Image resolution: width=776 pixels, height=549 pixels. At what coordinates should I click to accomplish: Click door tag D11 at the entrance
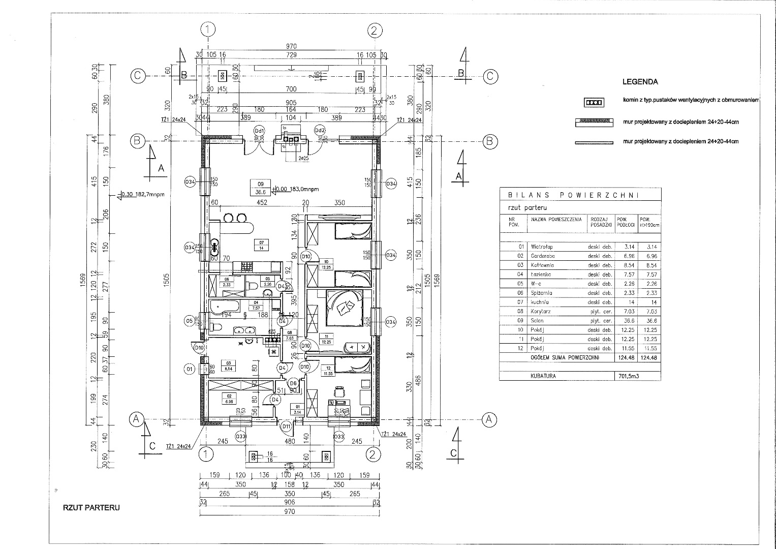pyautogui.click(x=286, y=426)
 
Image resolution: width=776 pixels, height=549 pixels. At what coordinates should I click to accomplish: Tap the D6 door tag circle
pyautogui.click(x=292, y=383)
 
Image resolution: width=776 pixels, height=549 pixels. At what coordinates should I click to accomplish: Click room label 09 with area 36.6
pyautogui.click(x=260, y=188)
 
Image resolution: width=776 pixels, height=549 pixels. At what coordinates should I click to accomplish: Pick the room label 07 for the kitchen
pyautogui.click(x=261, y=245)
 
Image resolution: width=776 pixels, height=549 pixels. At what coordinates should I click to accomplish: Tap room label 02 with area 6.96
pyautogui.click(x=229, y=399)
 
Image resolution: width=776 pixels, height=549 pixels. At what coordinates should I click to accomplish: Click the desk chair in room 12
pyautogui.click(x=339, y=391)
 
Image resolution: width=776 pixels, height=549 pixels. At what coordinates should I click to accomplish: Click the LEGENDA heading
pyautogui.click(x=640, y=81)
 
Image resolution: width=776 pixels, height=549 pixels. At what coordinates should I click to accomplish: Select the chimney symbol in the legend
pyautogui.click(x=594, y=102)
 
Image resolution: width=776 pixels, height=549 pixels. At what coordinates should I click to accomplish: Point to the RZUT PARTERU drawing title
pyautogui.click(x=91, y=507)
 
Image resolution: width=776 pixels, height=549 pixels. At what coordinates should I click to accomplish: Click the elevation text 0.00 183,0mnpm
pyautogui.click(x=297, y=189)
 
